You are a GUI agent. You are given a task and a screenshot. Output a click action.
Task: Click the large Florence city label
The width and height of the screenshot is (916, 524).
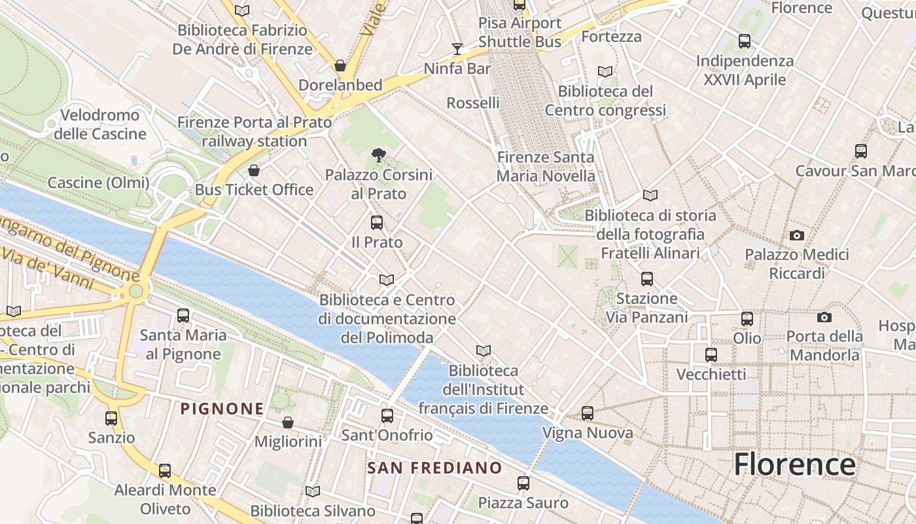point(794,464)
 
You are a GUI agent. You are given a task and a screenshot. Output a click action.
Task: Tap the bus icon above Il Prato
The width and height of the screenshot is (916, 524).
point(377,223)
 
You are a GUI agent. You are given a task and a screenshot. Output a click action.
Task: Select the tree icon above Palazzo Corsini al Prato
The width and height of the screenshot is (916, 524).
point(378,155)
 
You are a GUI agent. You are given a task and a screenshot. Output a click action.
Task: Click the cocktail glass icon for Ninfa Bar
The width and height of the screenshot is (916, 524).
point(457,49)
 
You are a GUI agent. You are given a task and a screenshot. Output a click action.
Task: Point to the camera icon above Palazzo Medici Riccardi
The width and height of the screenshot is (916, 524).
point(796,235)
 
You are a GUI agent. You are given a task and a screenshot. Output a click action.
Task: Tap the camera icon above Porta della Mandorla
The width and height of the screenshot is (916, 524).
point(824,318)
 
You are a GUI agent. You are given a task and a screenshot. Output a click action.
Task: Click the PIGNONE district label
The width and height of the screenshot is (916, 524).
point(222,409)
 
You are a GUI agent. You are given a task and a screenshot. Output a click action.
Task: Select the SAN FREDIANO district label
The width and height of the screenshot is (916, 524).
point(434,468)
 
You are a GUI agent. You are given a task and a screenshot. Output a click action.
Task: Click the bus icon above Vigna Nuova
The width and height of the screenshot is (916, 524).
point(588,413)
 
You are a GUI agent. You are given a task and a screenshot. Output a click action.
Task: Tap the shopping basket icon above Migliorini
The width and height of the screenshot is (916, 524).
point(288,422)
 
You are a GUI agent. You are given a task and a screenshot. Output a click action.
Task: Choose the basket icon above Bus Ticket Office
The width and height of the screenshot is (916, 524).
point(254,171)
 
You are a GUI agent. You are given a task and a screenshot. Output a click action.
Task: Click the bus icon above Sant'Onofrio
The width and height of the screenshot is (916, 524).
point(387,416)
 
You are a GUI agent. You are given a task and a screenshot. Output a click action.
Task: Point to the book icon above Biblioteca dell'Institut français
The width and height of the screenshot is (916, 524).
point(484,351)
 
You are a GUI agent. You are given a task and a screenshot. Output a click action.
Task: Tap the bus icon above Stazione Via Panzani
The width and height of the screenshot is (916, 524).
point(647,279)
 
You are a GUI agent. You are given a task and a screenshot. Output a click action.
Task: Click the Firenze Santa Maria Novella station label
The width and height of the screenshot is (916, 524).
point(546,166)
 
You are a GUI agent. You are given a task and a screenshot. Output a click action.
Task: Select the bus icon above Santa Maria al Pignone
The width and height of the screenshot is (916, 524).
point(183,316)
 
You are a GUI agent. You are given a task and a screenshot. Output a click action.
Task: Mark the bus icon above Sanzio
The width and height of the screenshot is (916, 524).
point(111,418)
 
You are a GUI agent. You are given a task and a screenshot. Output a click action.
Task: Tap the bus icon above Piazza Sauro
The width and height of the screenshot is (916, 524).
point(523,483)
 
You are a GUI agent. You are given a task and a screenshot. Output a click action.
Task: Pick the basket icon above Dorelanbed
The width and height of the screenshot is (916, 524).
point(340,66)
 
